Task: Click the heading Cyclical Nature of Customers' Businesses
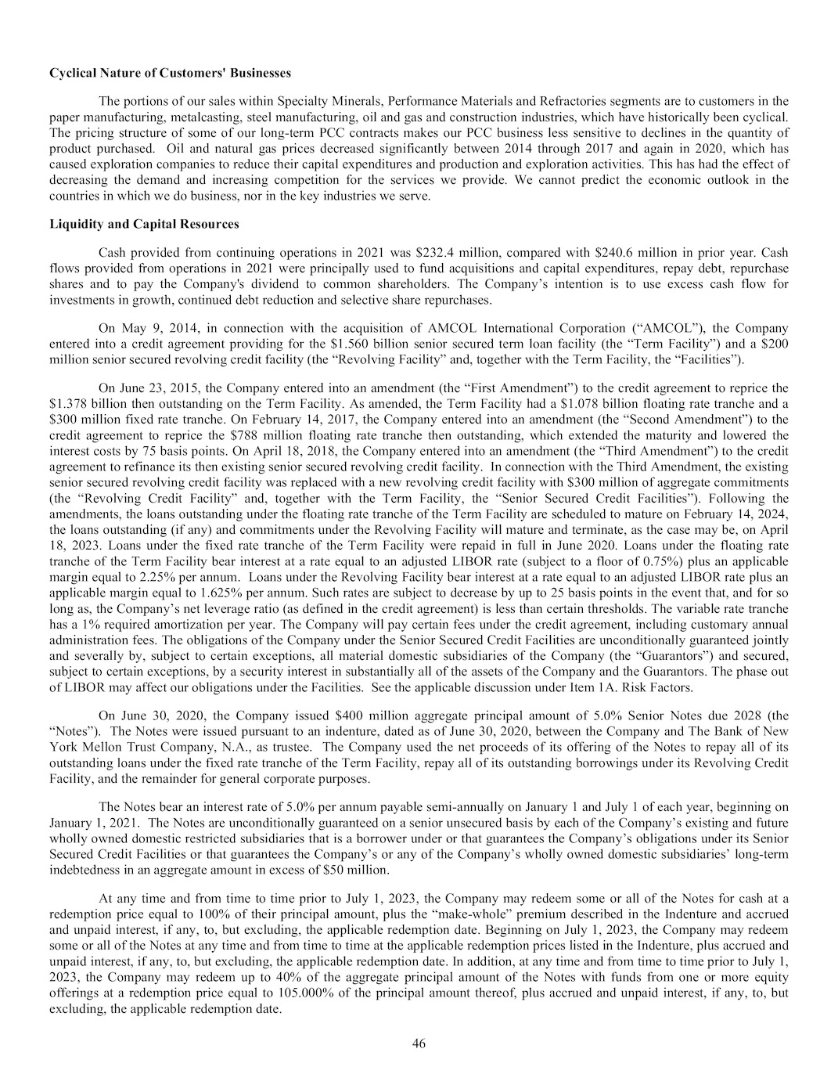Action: coord(170,73)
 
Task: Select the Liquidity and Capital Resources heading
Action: coord(144,224)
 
